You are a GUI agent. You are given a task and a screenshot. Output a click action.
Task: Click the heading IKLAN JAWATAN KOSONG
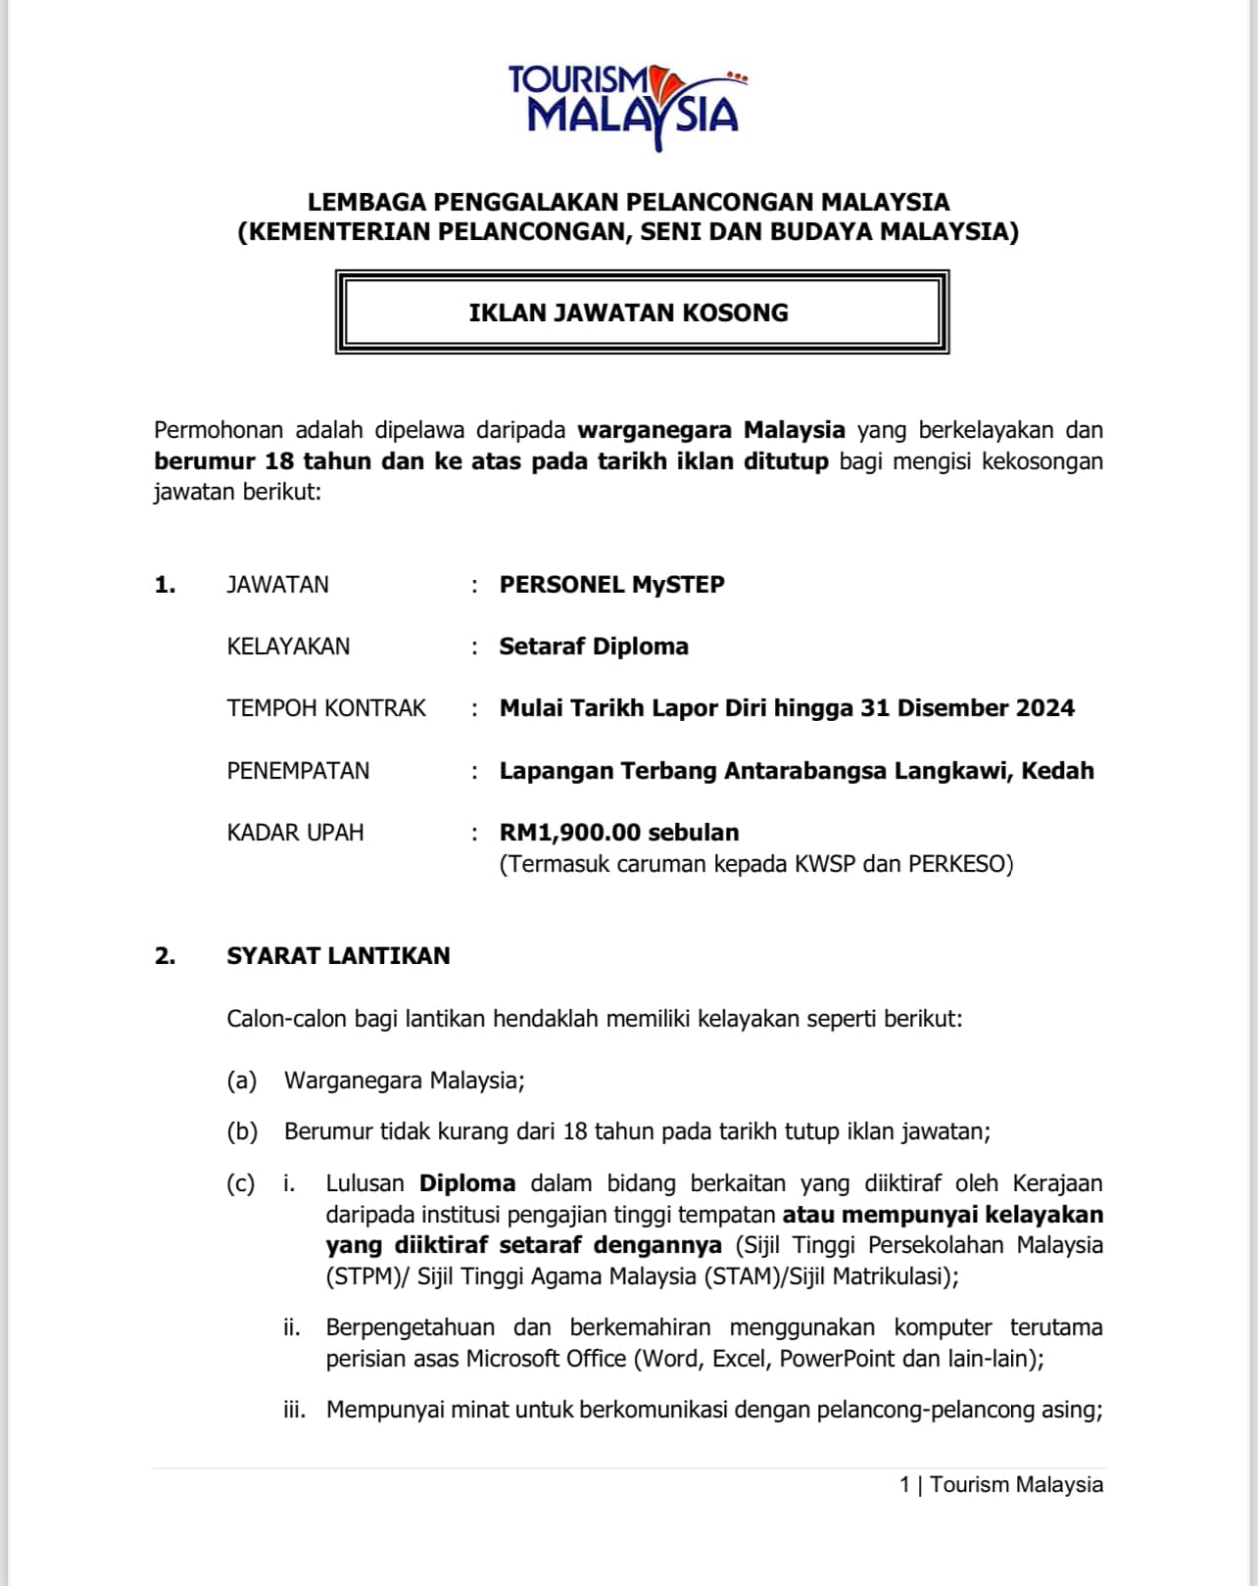[x=628, y=312]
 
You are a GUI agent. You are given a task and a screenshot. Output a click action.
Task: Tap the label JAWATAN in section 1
[x=277, y=585]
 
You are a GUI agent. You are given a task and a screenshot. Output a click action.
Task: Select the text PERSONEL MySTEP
[x=611, y=585]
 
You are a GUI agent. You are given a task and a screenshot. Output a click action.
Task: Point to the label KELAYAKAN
[x=288, y=647]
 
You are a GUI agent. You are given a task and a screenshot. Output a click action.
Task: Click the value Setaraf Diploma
[x=594, y=647]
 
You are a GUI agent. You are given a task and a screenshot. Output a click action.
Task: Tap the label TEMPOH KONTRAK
[x=326, y=708]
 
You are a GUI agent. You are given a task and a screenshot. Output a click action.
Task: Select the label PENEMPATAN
[x=298, y=771]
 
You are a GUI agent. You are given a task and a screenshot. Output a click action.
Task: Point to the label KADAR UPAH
[x=295, y=833]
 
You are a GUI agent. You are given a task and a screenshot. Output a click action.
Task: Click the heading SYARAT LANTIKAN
[x=338, y=956]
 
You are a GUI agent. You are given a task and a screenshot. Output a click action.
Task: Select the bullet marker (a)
[x=241, y=1081]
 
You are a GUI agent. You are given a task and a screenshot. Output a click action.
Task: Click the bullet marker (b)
[x=242, y=1131]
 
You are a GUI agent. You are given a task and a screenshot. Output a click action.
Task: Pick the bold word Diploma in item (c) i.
[x=467, y=1183]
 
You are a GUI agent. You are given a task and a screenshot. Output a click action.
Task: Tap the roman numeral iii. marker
[x=294, y=1410]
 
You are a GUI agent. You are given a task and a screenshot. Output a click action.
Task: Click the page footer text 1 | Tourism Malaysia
[x=1000, y=1484]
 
